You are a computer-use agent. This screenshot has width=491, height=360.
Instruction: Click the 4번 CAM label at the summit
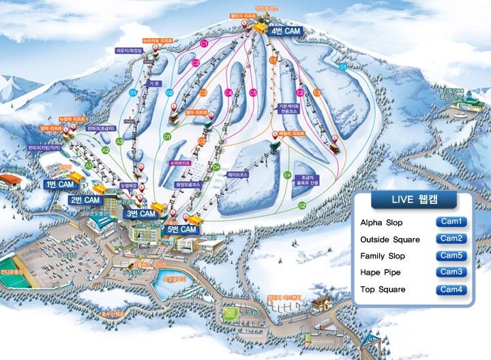pyautogui.click(x=286, y=31)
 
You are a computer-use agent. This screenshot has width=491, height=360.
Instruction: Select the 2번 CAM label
pyautogui.click(x=86, y=200)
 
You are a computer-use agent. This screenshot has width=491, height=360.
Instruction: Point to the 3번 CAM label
pyautogui.click(x=140, y=213)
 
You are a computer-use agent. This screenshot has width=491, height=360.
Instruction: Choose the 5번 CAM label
pyautogui.click(x=182, y=230)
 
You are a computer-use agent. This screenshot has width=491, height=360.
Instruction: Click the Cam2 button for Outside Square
pyautogui.click(x=451, y=239)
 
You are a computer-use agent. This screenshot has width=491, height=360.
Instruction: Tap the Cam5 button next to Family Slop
pyautogui.click(x=451, y=256)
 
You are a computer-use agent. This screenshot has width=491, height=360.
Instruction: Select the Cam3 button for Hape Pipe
pyautogui.click(x=451, y=272)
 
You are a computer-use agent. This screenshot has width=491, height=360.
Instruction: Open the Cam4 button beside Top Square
pyautogui.click(x=451, y=289)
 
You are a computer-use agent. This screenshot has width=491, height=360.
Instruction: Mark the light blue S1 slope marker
pyautogui.click(x=342, y=67)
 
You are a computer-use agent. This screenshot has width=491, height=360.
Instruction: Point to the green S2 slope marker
pyautogui.click(x=302, y=205)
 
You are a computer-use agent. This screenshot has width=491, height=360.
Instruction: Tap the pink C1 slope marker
pyautogui.click(x=204, y=44)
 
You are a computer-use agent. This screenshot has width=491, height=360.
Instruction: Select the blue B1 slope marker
pyautogui.click(x=134, y=92)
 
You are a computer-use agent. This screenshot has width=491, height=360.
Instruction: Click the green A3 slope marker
pyautogui.click(x=119, y=142)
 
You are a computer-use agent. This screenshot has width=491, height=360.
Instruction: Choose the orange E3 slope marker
pyautogui.click(x=317, y=93)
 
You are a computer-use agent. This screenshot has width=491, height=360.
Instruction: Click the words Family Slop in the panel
pyautogui.click(x=382, y=256)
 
